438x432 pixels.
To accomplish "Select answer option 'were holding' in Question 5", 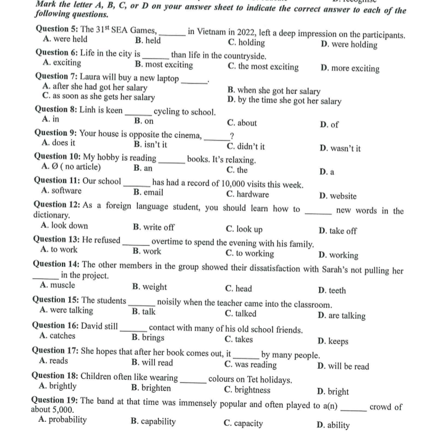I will (354, 45).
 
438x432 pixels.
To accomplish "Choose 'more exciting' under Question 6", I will (355, 69).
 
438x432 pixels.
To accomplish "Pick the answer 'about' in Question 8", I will (247, 123).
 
